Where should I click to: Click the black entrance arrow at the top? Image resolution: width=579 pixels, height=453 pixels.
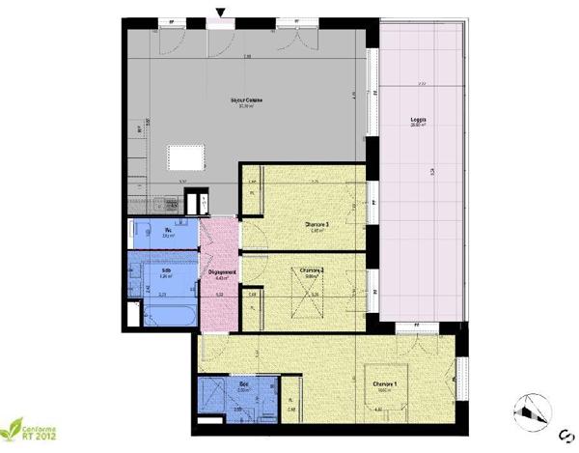[222, 13]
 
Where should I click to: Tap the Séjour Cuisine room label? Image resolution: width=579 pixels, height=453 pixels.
[248, 99]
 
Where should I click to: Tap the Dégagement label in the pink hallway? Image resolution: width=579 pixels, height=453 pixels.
[223, 273]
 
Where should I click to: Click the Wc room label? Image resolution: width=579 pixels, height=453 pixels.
[168, 230]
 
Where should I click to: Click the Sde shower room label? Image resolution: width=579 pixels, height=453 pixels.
[244, 384]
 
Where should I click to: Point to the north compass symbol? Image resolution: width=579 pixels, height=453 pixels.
[532, 413]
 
